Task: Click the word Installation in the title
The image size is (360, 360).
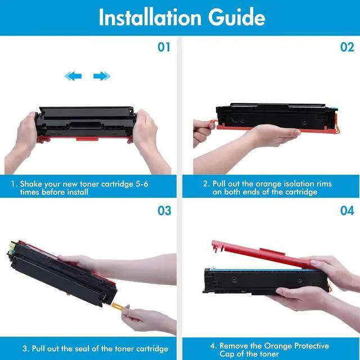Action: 150,17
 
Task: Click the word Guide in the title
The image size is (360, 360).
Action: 237,17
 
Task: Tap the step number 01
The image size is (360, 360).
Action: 164,47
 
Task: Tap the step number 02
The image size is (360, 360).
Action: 347,47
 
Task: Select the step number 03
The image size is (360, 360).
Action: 164,210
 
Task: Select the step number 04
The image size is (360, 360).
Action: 347,210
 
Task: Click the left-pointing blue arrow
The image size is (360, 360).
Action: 73,76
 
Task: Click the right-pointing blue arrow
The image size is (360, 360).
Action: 102,76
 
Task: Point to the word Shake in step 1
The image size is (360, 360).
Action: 31,184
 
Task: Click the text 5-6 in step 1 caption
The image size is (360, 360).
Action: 142,184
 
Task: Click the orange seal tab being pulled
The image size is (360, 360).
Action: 116,305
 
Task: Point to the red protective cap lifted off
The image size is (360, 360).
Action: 263,254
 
